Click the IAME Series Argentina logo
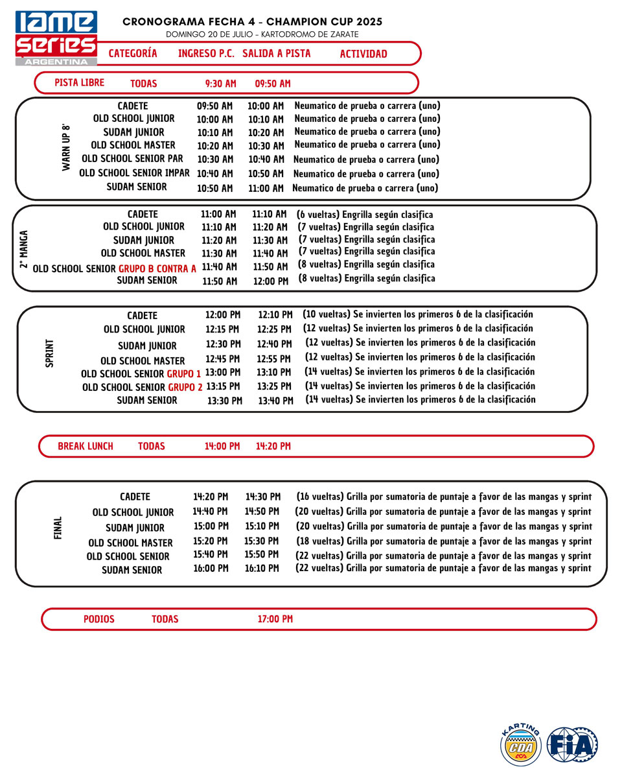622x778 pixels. [56, 38]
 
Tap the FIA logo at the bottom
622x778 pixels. [572, 744]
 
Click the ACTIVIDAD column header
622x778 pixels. [363, 54]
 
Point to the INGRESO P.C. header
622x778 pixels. [206, 54]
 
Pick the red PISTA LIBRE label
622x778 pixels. [80, 83]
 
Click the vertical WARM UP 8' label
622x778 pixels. [65, 147]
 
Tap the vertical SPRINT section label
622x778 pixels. [50, 353]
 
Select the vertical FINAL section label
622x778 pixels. [58, 528]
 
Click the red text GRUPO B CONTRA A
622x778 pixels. [157, 268]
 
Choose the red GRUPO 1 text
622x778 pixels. [184, 374]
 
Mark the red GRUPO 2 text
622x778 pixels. [185, 387]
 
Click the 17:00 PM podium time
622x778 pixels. [275, 619]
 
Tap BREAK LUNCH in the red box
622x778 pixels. [86, 446]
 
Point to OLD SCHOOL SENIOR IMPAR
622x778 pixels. [135, 173]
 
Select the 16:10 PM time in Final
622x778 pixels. [262, 569]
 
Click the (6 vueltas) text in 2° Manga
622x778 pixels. [317, 215]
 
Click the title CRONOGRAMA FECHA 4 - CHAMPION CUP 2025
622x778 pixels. [253, 22]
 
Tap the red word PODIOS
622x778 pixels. [99, 619]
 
